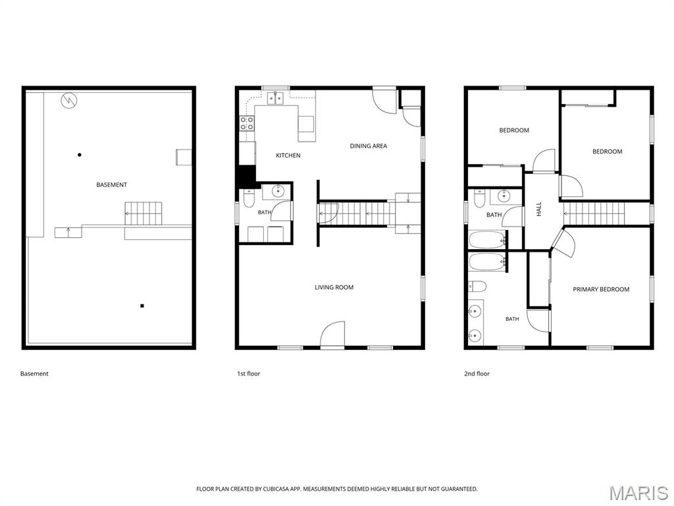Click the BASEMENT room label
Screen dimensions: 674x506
tap(111, 185)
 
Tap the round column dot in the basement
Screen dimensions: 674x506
tap(79, 155)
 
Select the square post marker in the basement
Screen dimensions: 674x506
tap(142, 306)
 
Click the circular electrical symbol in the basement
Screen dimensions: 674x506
tap(69, 101)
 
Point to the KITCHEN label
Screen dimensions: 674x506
tap(288, 155)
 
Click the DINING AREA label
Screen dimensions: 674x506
tap(369, 146)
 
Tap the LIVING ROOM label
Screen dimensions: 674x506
tap(334, 287)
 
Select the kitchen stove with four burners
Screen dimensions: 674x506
tap(247, 123)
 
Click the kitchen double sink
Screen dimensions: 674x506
tap(275, 99)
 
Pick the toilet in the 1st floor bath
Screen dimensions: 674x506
tap(249, 198)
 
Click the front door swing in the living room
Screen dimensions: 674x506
tap(332, 334)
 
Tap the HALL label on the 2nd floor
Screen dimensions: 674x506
tap(539, 209)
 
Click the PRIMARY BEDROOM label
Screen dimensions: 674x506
tap(601, 290)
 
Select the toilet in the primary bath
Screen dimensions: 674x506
tap(477, 286)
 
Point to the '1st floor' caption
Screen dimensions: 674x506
tap(248, 374)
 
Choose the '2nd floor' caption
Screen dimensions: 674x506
tap(477, 374)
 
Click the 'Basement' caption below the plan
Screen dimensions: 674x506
tap(34, 374)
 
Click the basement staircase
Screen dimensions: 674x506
tap(143, 213)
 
